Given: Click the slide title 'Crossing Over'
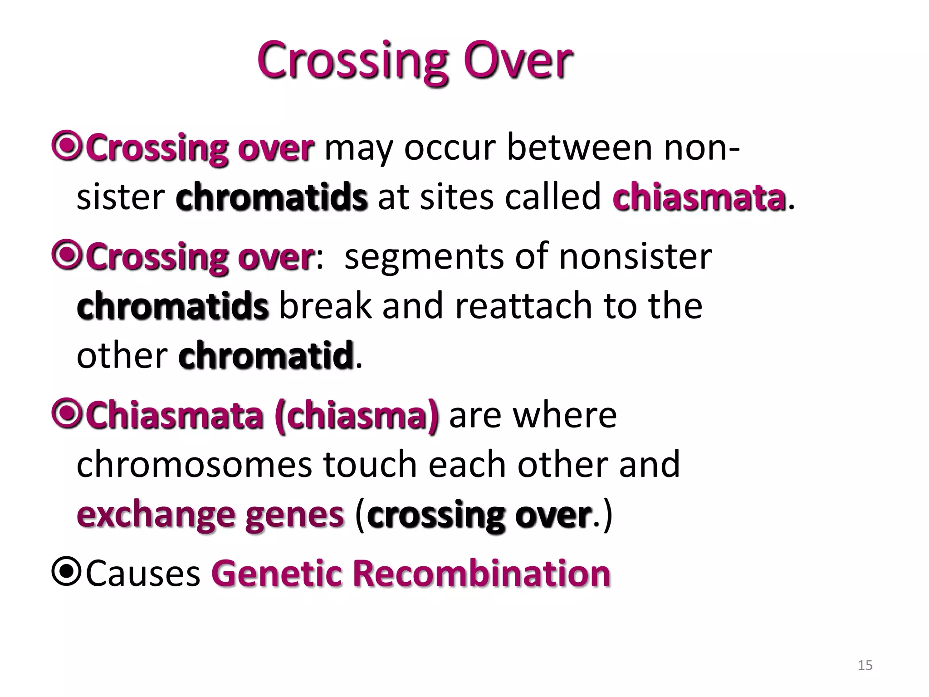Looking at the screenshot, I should [415, 61].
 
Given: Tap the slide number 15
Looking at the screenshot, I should [865, 665].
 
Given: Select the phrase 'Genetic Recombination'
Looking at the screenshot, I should [411, 574].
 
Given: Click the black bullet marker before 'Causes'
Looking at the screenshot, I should [66, 572].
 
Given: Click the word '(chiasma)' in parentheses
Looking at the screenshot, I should [357, 415].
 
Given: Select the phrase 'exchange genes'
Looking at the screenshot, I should [210, 515].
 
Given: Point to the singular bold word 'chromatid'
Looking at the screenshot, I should [266, 355].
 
